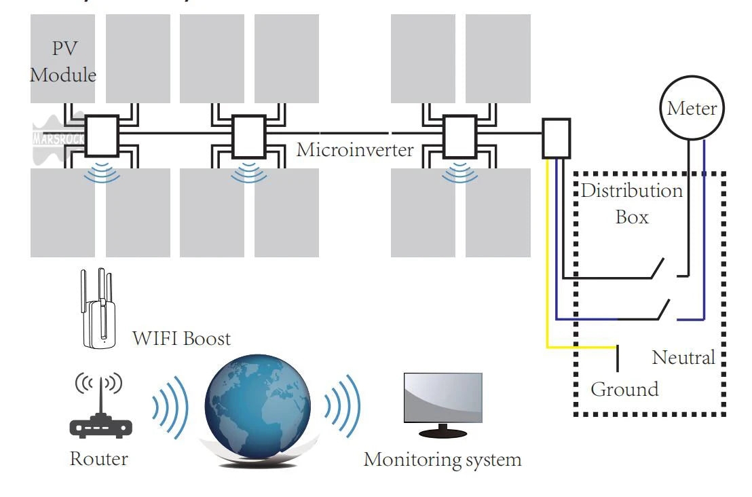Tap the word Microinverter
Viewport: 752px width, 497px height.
(x=355, y=149)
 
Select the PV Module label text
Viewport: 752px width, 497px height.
(x=62, y=62)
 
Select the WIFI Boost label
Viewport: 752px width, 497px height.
(x=181, y=338)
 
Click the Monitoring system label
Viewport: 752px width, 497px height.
(x=443, y=460)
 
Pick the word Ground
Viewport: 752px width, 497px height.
(x=624, y=390)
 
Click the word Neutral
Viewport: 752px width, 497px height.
(x=683, y=357)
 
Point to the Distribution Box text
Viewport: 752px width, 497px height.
(x=632, y=204)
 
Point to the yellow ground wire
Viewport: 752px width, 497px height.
(x=547, y=285)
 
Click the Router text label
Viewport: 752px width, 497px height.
(x=98, y=459)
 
